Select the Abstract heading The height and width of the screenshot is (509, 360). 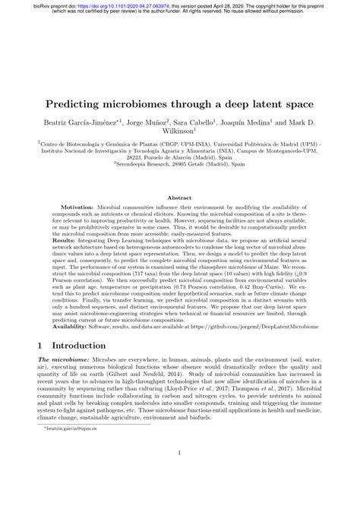[180, 196]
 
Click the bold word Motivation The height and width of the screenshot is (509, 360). [80, 207]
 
